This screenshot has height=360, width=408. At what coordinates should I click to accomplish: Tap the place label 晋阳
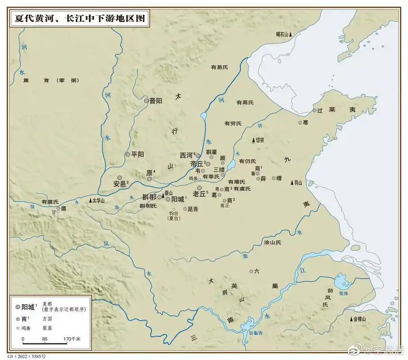[156, 101]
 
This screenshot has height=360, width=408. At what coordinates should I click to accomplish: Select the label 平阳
[137, 154]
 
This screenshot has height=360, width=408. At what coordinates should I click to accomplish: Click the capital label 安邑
[121, 184]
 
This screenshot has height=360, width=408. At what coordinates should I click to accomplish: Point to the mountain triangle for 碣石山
[291, 34]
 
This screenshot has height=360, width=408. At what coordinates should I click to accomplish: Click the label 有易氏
[219, 67]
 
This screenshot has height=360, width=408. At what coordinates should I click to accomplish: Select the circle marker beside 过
[315, 110]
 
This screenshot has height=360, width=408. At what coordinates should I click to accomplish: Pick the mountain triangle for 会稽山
[351, 319]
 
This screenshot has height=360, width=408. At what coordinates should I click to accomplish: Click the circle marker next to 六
[251, 271]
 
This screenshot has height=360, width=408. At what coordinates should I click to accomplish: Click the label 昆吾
[192, 209]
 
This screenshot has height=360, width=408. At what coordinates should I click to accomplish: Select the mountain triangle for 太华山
[91, 200]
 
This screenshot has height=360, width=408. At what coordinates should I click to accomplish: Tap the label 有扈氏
[50, 202]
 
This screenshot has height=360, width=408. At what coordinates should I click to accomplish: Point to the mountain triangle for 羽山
[291, 183]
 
